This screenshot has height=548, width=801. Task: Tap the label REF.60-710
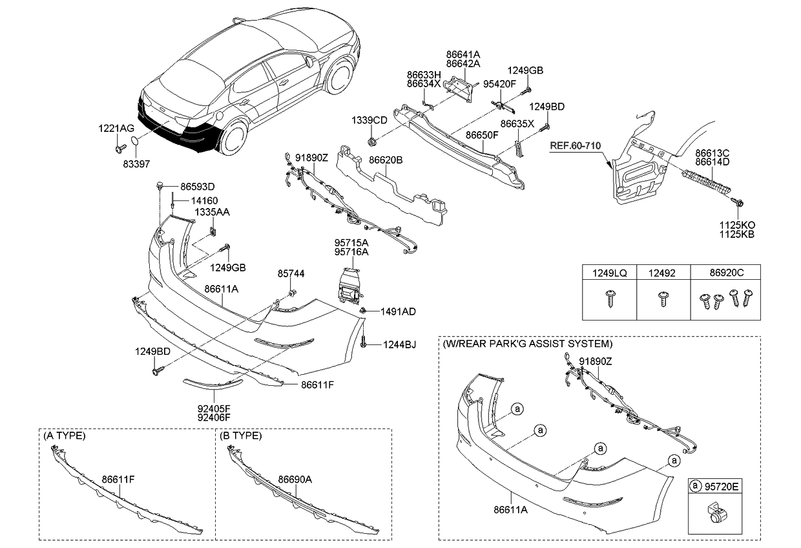tap(575, 146)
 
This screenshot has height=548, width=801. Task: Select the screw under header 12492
tap(662, 299)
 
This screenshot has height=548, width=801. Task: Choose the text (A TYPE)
tap(65, 436)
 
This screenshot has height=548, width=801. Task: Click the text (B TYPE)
tap(241, 436)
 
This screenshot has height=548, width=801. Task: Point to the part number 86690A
tap(295, 479)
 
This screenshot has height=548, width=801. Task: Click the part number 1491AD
tap(399, 311)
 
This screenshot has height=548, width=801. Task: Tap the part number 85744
tap(291, 275)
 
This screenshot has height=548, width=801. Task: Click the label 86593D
tap(197, 187)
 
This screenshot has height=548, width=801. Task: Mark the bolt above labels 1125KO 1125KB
tap(738, 204)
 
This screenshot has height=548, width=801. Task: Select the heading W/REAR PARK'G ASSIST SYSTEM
tap(527, 344)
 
